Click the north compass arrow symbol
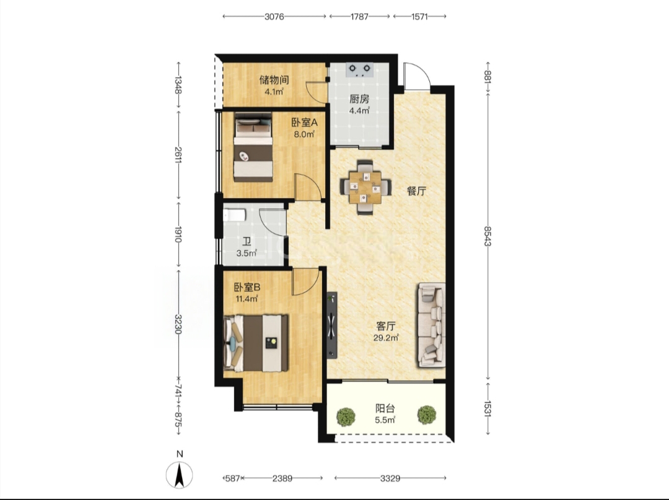(x=180, y=475)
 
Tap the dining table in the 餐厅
(x=365, y=187)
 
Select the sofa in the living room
(x=431, y=325)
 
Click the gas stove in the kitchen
(x=360, y=69)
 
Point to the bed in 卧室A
(x=253, y=147)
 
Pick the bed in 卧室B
(x=256, y=343)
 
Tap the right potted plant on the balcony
(x=427, y=415)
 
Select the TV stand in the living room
(x=332, y=325)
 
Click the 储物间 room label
(x=274, y=80)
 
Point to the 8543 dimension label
(x=488, y=236)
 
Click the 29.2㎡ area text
(x=386, y=338)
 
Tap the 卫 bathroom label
(x=246, y=242)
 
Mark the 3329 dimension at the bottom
(x=390, y=478)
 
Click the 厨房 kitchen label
(x=359, y=99)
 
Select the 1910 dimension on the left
(x=178, y=234)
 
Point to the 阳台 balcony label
(x=385, y=408)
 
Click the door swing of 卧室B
(x=305, y=282)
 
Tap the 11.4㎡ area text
(x=247, y=299)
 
